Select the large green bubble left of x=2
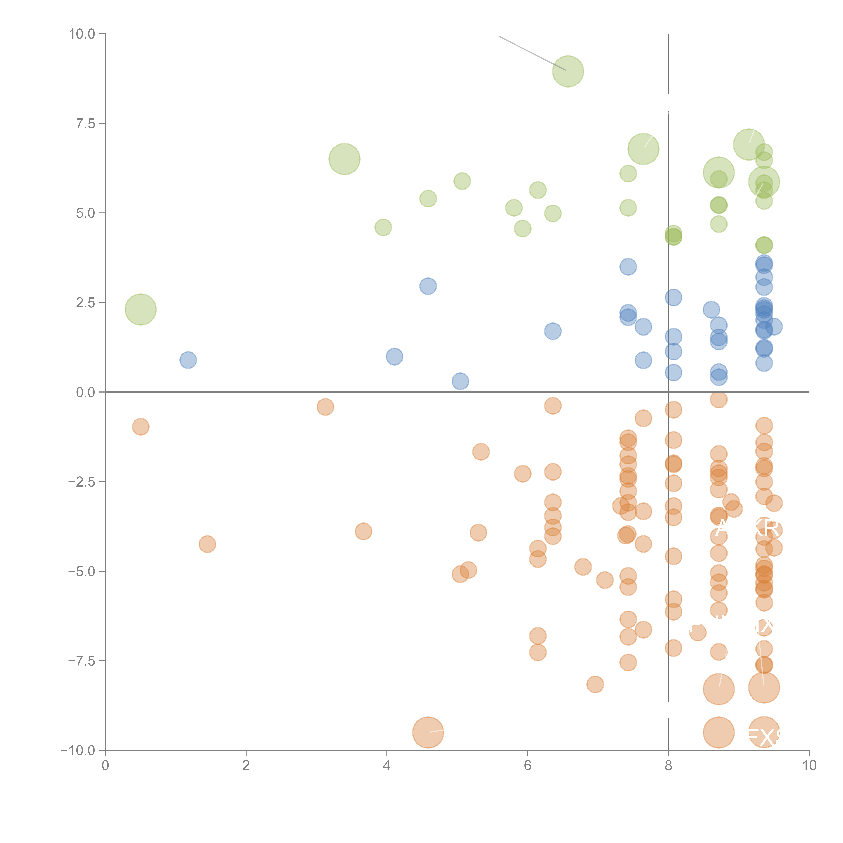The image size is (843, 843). point(140,309)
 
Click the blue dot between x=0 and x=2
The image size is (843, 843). point(188,360)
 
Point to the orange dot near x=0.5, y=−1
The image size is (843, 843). point(140,427)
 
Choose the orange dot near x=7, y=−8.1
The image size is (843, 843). point(595,684)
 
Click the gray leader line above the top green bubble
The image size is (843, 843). point(532,53)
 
